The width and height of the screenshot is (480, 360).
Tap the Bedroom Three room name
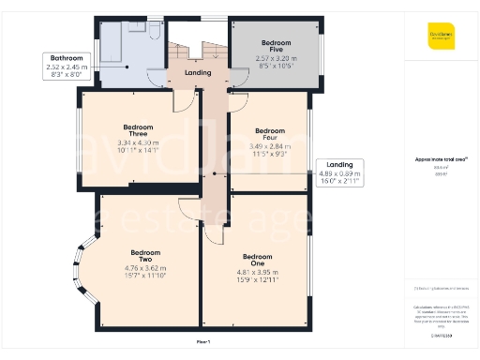(x=138, y=130)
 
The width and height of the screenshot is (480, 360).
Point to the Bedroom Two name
(x=145, y=257)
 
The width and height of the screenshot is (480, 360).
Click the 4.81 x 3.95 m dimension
(x=257, y=273)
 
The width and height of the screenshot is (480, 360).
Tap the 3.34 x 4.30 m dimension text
(x=138, y=142)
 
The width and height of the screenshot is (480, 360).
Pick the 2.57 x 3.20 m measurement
(x=276, y=58)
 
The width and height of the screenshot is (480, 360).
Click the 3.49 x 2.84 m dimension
(x=270, y=147)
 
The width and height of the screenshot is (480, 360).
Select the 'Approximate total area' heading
(x=435, y=160)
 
